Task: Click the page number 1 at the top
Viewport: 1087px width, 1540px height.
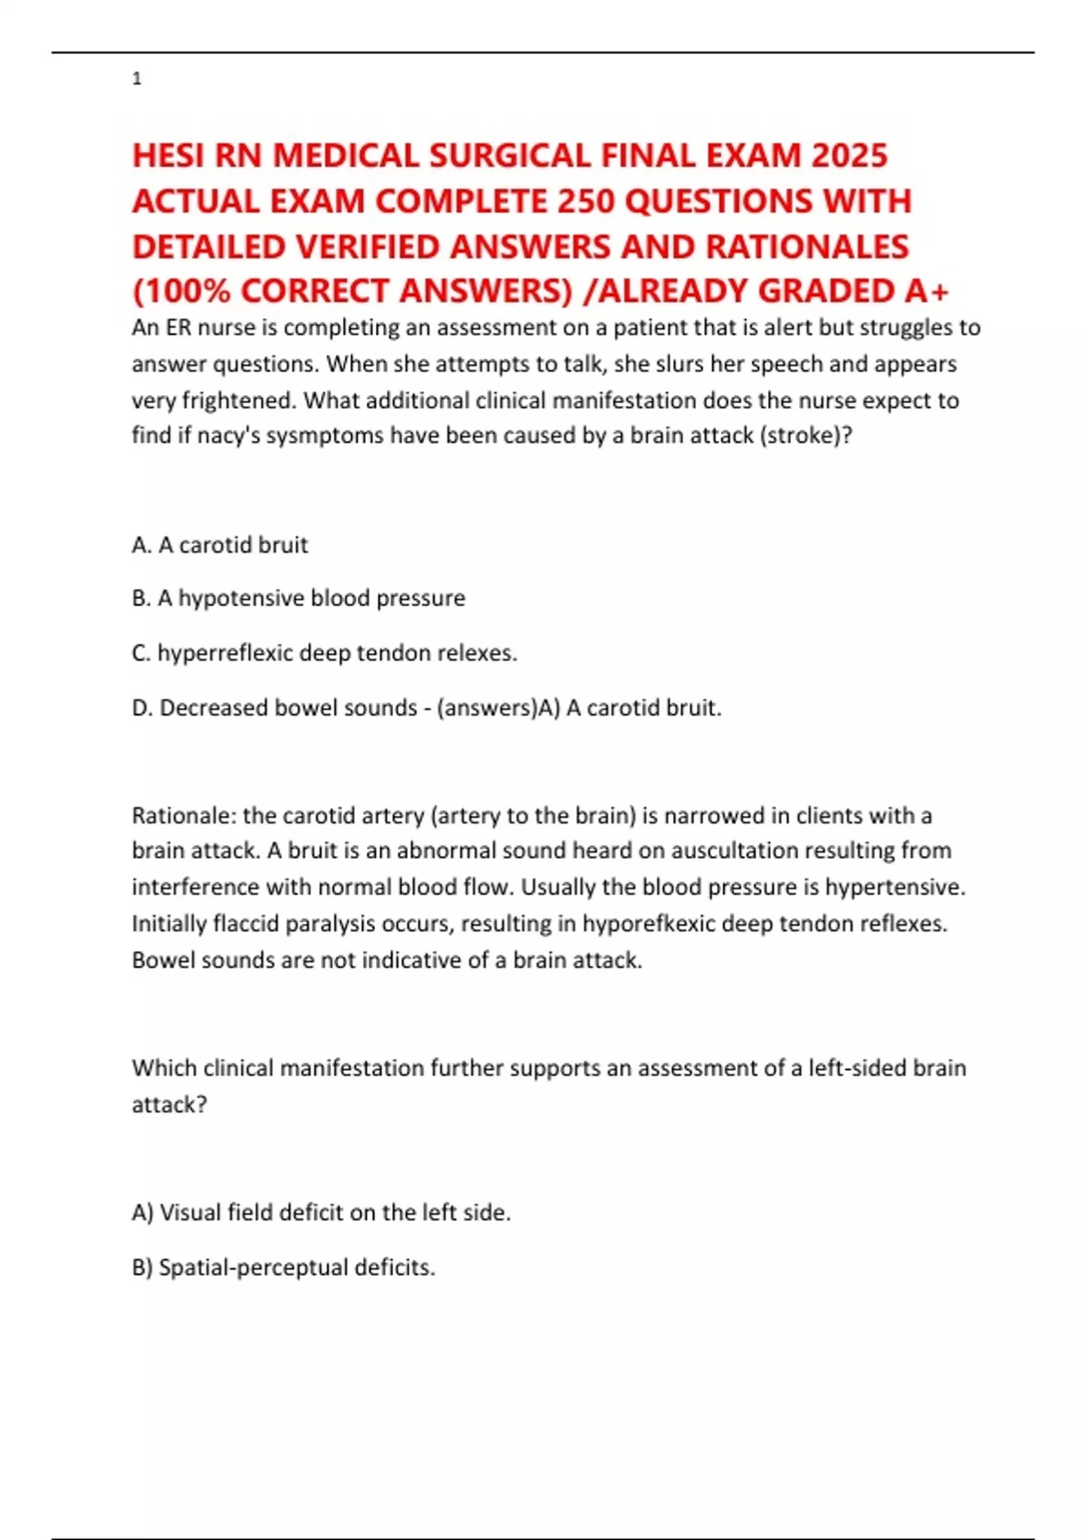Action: pyautogui.click(x=137, y=79)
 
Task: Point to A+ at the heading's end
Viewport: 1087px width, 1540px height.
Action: pyautogui.click(x=927, y=291)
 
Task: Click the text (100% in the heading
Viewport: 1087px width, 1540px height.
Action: pyautogui.click(x=182, y=291)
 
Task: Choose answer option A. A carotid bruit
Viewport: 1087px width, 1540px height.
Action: pyautogui.click(x=220, y=544)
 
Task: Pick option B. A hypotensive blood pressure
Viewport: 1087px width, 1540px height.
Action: pyautogui.click(x=298, y=598)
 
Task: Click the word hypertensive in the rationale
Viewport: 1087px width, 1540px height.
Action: pyautogui.click(x=893, y=887)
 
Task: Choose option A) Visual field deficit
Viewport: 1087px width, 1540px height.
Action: pyautogui.click(x=322, y=1212)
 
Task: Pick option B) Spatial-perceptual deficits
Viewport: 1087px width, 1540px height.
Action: pyautogui.click(x=284, y=1267)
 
